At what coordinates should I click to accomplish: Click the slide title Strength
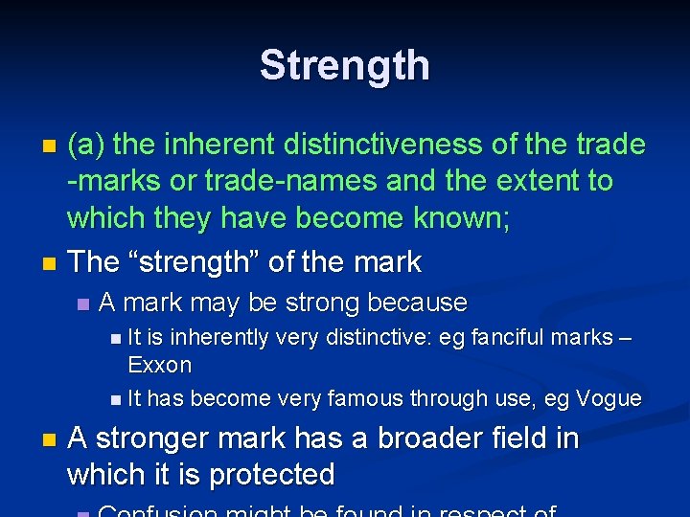345,65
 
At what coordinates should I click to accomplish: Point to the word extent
534,180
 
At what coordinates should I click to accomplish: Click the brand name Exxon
159,365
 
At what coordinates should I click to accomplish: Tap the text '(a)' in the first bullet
86,145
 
